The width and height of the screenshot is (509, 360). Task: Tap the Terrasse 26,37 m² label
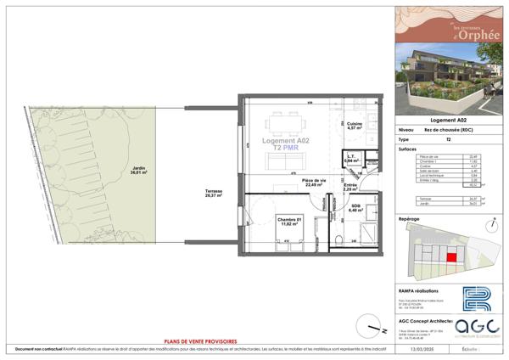pyautogui.click(x=214, y=194)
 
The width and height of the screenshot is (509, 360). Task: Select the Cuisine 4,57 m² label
pyautogui.click(x=355, y=127)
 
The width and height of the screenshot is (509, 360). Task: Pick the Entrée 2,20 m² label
pyautogui.click(x=350, y=188)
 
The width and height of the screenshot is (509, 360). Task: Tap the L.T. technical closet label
pyautogui.click(x=349, y=158)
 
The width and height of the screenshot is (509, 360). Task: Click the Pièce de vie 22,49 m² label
pyautogui.click(x=315, y=183)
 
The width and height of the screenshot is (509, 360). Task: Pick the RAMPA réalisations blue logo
pyautogui.click(x=475, y=300)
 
